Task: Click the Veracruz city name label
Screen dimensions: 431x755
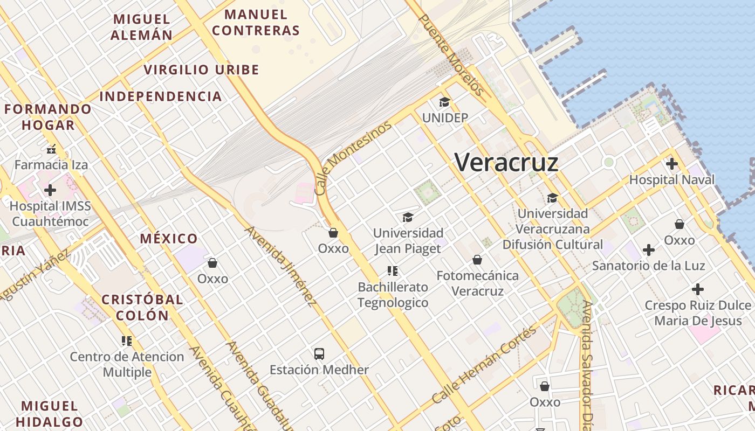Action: [506, 162]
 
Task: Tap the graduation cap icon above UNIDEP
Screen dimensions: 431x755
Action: [444, 102]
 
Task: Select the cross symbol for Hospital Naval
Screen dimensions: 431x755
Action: [671, 164]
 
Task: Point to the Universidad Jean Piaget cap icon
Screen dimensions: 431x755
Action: [408, 217]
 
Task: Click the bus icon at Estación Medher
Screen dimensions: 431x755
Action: [319, 354]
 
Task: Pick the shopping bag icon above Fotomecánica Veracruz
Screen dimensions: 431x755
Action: [477, 260]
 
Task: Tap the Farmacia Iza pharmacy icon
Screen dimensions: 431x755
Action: [51, 149]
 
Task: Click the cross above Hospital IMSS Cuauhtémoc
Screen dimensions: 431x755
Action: [50, 190]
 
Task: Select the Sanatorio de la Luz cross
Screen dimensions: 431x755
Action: [649, 250]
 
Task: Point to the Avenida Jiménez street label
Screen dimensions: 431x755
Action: [280, 267]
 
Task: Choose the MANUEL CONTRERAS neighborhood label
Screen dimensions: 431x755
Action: [255, 23]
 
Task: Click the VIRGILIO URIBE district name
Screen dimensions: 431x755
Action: [201, 69]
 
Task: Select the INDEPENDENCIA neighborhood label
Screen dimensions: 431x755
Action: [161, 96]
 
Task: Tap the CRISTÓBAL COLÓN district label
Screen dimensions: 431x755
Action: [142, 307]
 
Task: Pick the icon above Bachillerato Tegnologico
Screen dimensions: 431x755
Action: [393, 270]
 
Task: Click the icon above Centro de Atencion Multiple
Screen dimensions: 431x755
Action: [127, 340]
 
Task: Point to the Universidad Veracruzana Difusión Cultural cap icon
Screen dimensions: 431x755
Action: [552, 198]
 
